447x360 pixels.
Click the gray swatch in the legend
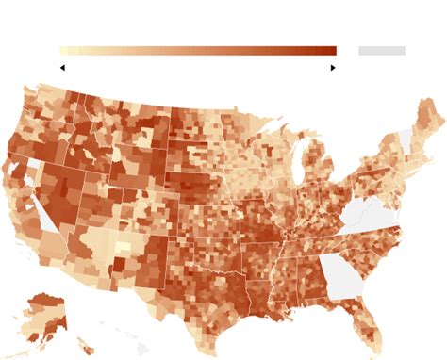pos(382,51)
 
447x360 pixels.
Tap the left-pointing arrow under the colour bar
pos(62,68)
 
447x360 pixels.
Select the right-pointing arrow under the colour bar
pos(333,68)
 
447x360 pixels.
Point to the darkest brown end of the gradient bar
pos(331,51)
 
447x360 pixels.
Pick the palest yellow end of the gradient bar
pos(63,51)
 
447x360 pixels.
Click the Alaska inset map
pos(43,316)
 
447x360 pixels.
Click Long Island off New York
pos(406,179)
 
